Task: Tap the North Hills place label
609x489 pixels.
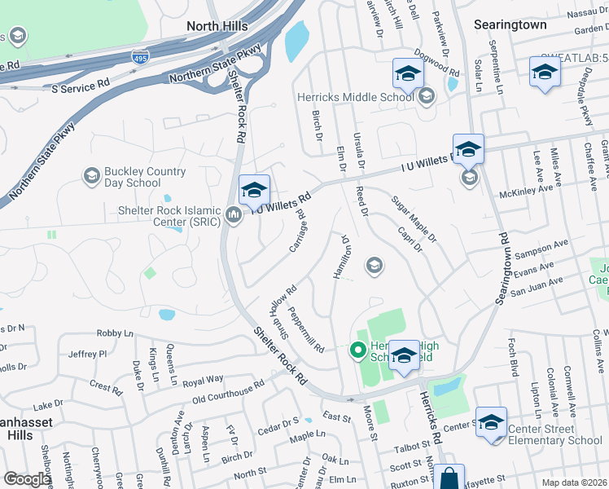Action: point(217,26)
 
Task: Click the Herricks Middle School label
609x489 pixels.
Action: point(356,97)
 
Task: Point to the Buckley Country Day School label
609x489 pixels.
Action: point(133,177)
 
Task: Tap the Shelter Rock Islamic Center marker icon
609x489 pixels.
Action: point(234,216)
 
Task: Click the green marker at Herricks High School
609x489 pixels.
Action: point(357,351)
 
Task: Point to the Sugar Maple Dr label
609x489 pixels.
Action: point(414,219)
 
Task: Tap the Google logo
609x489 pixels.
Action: point(28,479)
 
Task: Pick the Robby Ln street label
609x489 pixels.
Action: point(115,333)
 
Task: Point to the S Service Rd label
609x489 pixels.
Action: point(80,84)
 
